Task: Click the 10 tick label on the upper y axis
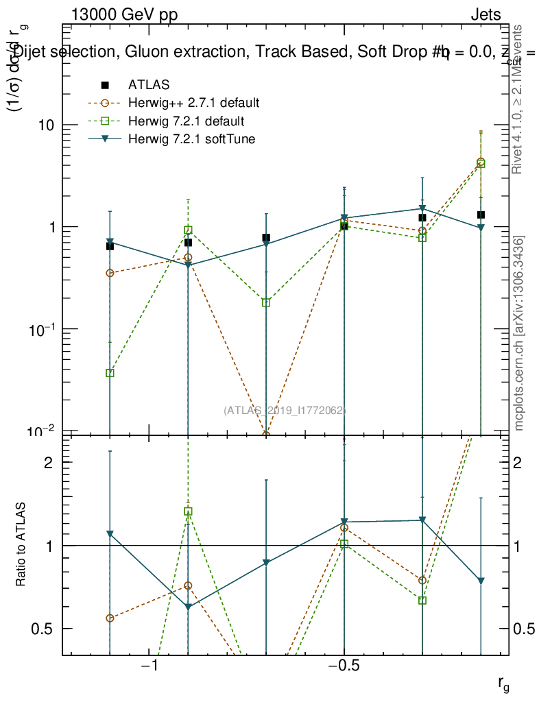click(47, 125)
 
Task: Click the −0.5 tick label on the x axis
click(344, 666)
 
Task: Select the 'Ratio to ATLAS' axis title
click(21, 545)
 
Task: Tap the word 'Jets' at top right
click(485, 15)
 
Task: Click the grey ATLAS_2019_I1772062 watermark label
click(285, 410)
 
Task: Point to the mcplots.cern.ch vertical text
click(520, 334)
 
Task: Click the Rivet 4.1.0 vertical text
click(519, 99)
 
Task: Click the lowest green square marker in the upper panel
click(110, 373)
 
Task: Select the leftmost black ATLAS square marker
click(110, 246)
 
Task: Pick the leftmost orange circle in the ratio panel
click(110, 618)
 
